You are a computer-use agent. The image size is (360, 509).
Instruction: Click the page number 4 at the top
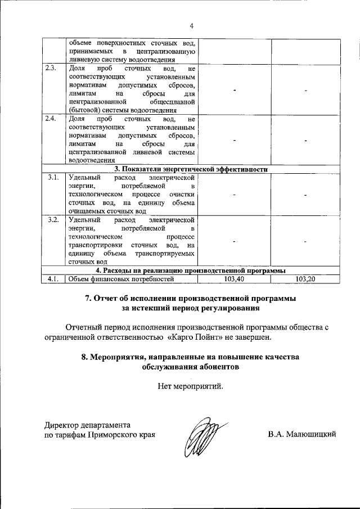pyautogui.click(x=191, y=26)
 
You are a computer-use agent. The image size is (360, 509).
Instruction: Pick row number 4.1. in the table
pyautogui.click(x=53, y=278)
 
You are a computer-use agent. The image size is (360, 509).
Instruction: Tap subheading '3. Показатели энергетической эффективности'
pyautogui.click(x=191, y=169)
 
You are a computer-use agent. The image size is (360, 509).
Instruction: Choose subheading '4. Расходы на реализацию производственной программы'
pyautogui.click(x=191, y=271)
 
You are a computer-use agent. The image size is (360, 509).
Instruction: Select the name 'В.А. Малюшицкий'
pyautogui.click(x=302, y=434)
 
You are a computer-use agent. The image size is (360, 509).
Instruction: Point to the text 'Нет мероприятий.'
pyautogui.click(x=191, y=386)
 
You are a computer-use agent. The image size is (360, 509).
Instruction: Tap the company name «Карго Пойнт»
pyautogui.click(x=196, y=337)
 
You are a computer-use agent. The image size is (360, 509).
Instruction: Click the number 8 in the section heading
pyautogui.click(x=84, y=357)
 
